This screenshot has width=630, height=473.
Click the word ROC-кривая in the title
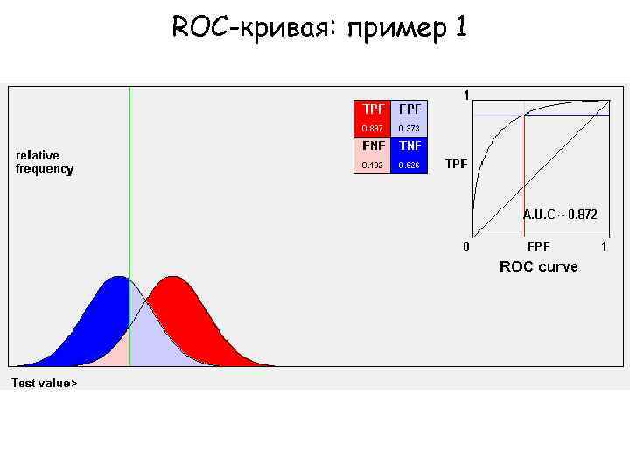coord(255,28)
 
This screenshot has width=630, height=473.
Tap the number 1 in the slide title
coord(460,28)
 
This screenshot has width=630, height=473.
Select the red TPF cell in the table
coord(372,109)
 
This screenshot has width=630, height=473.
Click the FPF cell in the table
coord(409,109)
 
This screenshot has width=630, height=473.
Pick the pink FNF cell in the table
coord(372,145)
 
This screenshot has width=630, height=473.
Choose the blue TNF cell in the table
coord(409,145)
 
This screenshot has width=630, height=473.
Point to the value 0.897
coord(372,129)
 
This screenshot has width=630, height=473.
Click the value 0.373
coord(409,129)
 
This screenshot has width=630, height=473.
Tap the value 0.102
coord(372,165)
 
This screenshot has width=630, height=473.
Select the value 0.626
coord(409,165)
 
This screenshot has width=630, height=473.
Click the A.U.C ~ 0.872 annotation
coord(560,215)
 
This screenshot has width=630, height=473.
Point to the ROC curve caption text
coord(538,266)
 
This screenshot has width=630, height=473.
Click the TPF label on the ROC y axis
coord(456,164)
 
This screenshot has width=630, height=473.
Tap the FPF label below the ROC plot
coord(538,247)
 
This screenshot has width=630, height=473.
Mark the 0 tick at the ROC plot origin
coord(466,246)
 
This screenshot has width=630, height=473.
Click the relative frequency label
coord(45,163)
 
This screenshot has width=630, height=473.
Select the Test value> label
coord(44,383)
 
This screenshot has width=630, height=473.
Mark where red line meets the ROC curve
coord(524,114)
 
